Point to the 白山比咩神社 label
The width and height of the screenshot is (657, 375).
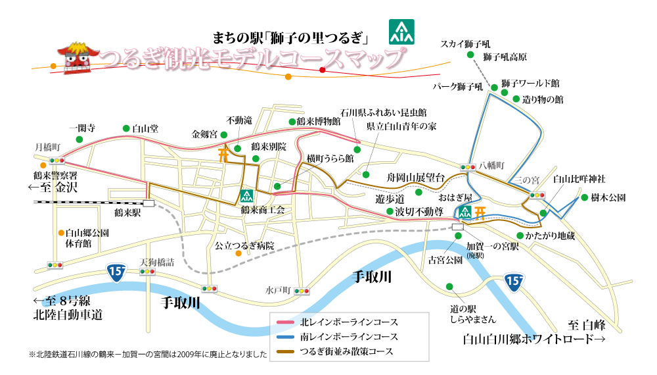(578, 178)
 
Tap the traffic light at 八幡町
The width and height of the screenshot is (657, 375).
(468, 167)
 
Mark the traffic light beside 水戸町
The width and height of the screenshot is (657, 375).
(302, 290)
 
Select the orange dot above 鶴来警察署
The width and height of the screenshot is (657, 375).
(43, 165)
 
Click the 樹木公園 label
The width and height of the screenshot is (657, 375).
(608, 197)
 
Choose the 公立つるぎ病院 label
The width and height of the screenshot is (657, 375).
(245, 245)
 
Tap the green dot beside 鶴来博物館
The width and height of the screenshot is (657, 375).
(291, 122)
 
